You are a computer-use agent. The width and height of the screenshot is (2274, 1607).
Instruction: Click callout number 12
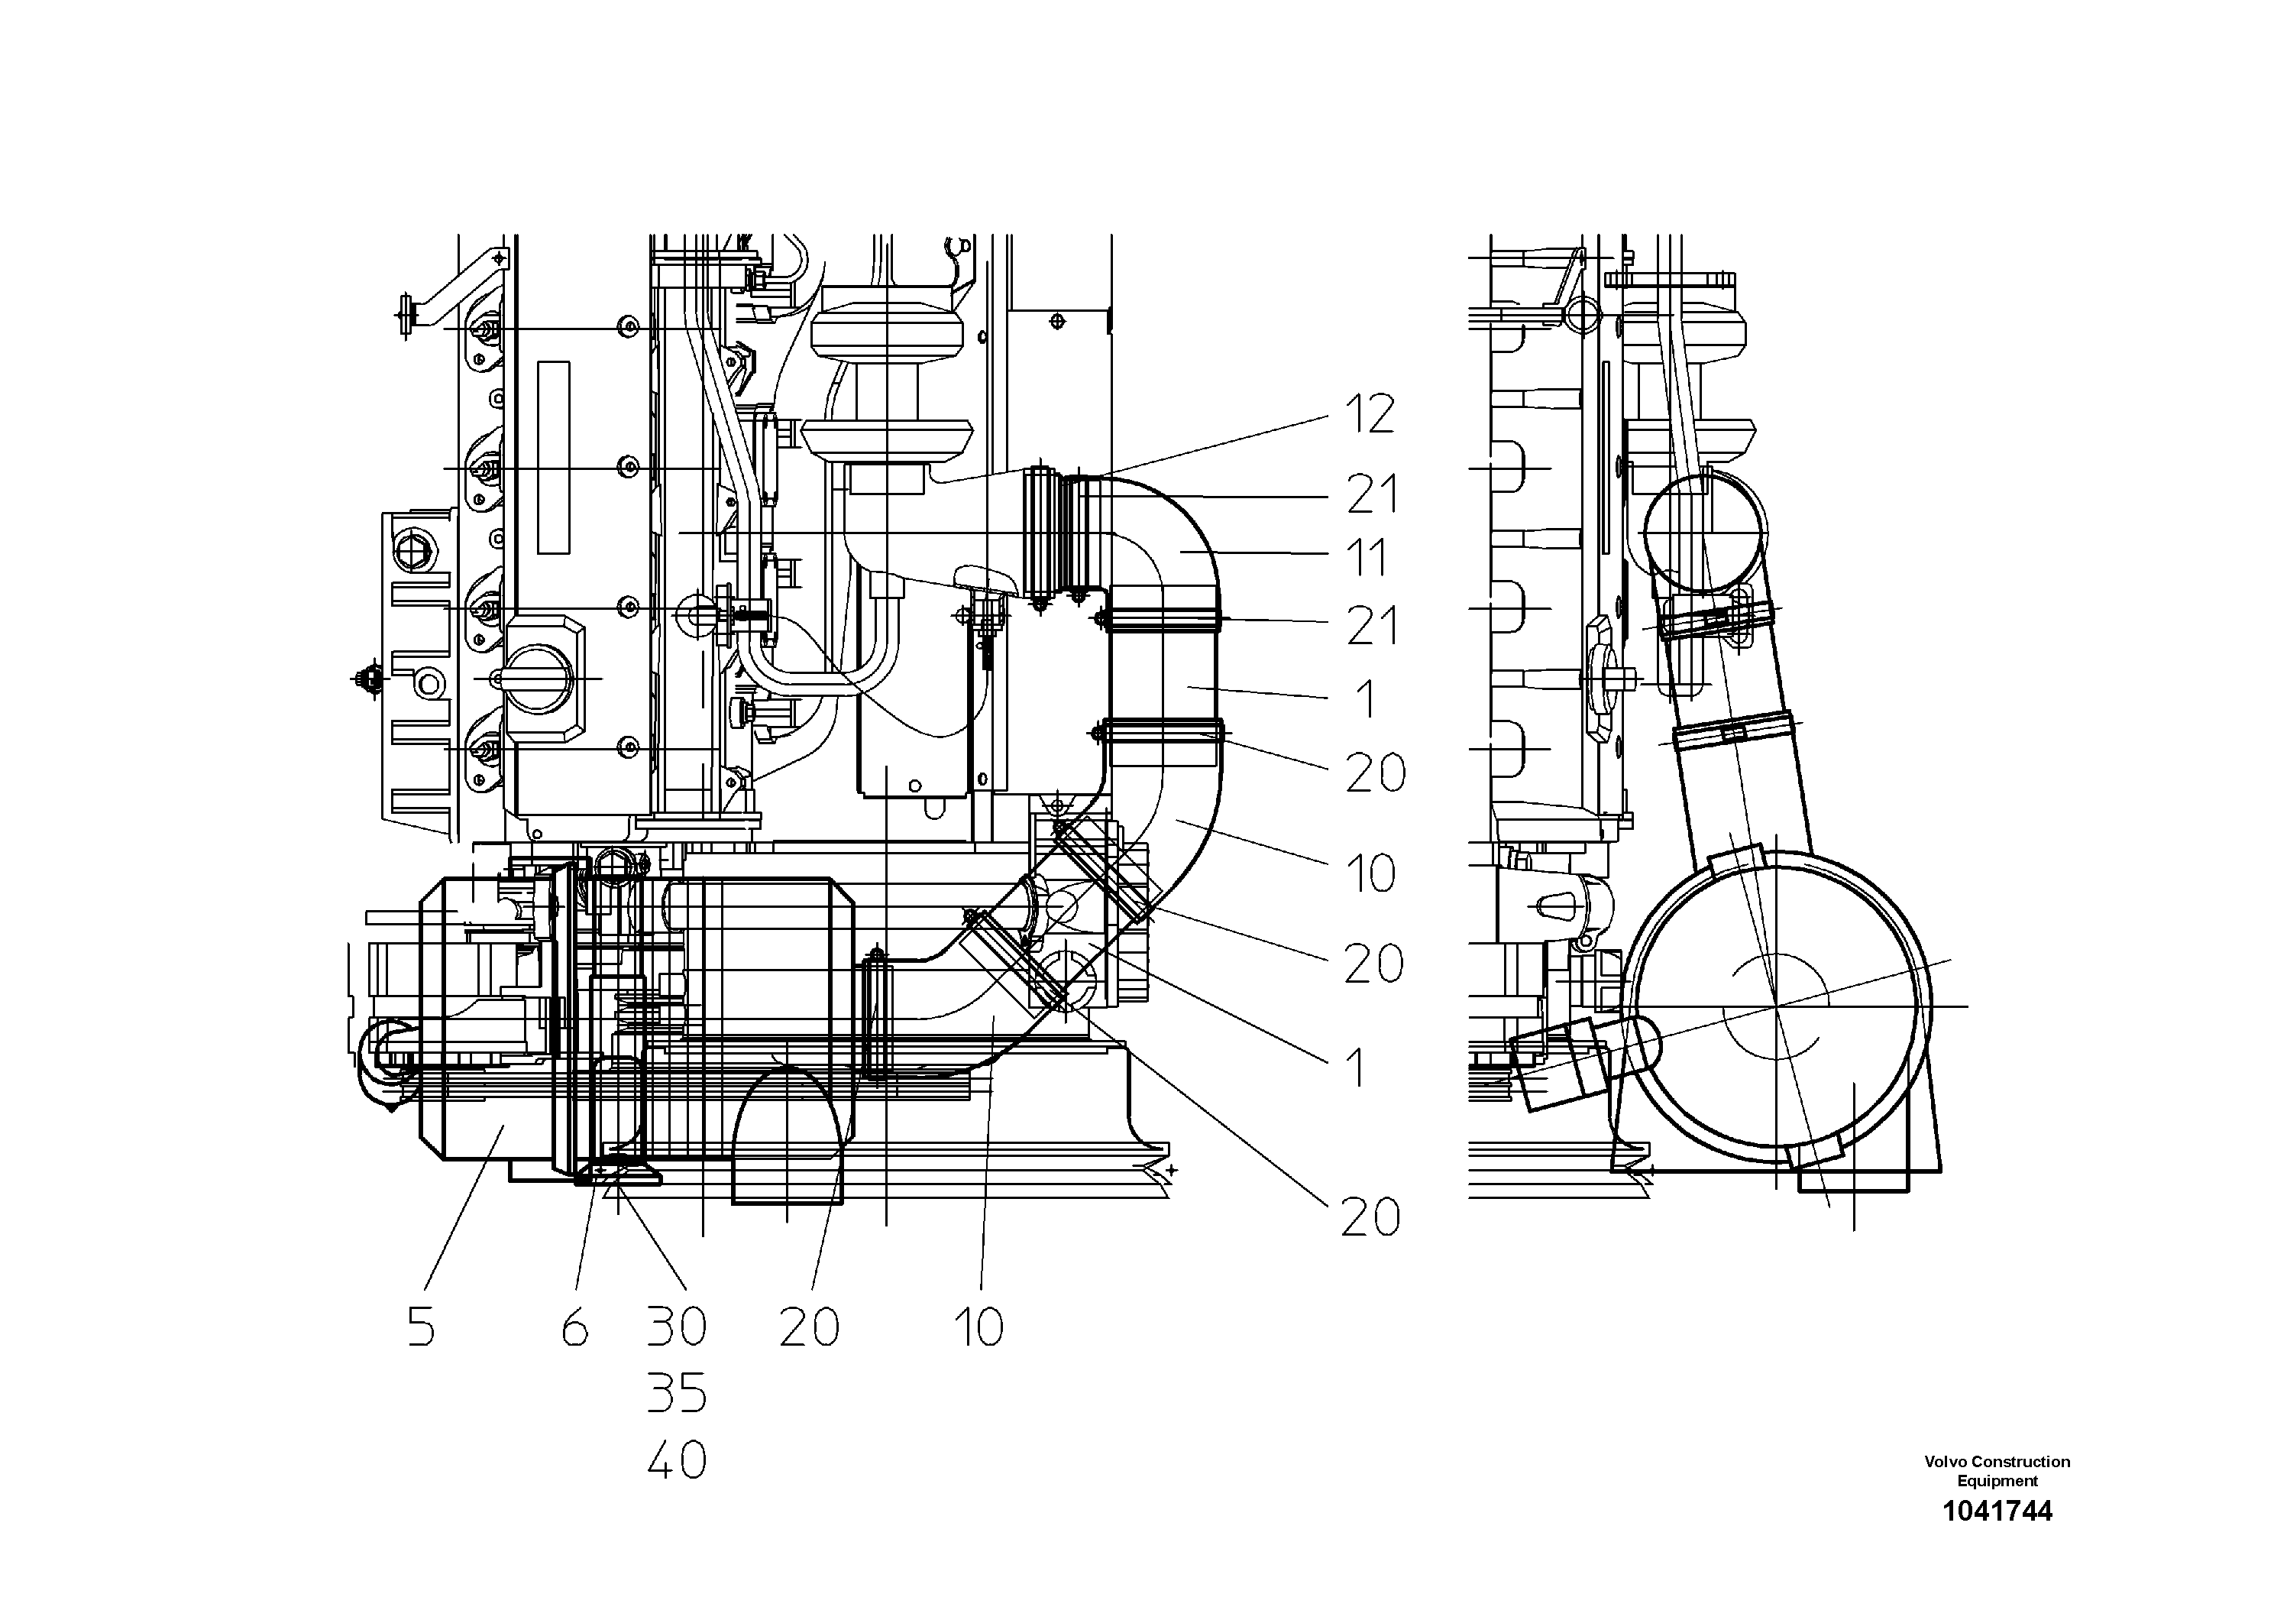point(1370,414)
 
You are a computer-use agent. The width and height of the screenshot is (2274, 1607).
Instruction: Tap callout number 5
point(421,1327)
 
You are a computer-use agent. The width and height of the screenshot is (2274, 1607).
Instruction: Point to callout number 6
point(574,1327)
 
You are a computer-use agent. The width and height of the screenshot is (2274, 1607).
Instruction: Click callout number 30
point(677,1327)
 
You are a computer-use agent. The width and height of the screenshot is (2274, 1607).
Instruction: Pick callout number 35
point(677,1393)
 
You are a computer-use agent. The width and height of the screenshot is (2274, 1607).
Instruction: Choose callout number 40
point(677,1460)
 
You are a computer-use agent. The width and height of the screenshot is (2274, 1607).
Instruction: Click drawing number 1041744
point(1997,1511)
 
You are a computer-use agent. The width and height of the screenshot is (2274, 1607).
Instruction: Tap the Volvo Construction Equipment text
point(1997,1470)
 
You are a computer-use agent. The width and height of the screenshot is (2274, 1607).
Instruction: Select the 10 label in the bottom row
point(978,1327)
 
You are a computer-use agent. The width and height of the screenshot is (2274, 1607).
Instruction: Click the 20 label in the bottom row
point(808,1327)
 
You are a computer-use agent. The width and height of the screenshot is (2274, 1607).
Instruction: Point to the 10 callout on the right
point(1370,873)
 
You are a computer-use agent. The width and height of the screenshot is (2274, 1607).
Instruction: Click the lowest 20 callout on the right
point(1370,1217)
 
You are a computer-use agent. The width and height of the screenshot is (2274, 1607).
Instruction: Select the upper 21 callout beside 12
point(1372,494)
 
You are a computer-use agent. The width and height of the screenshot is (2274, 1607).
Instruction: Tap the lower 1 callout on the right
point(1357,1069)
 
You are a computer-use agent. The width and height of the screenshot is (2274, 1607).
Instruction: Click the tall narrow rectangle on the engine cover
point(554,457)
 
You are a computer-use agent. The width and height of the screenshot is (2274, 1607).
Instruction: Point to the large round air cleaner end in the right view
point(1777,1006)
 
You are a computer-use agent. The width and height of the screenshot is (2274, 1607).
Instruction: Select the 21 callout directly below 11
point(1372,625)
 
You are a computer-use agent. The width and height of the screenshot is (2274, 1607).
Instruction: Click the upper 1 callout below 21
point(1366,699)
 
